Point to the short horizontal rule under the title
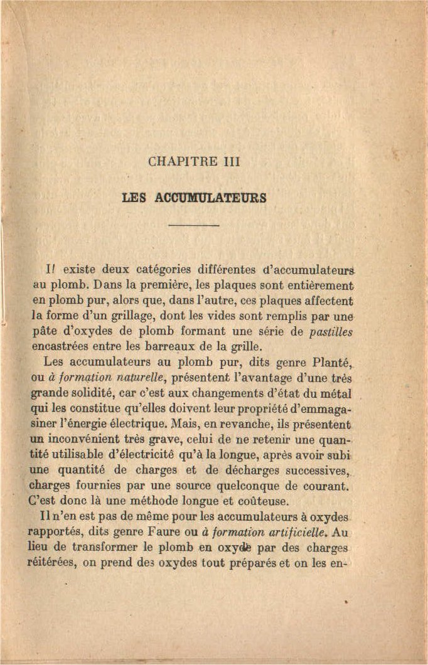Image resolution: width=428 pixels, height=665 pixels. (193, 225)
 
